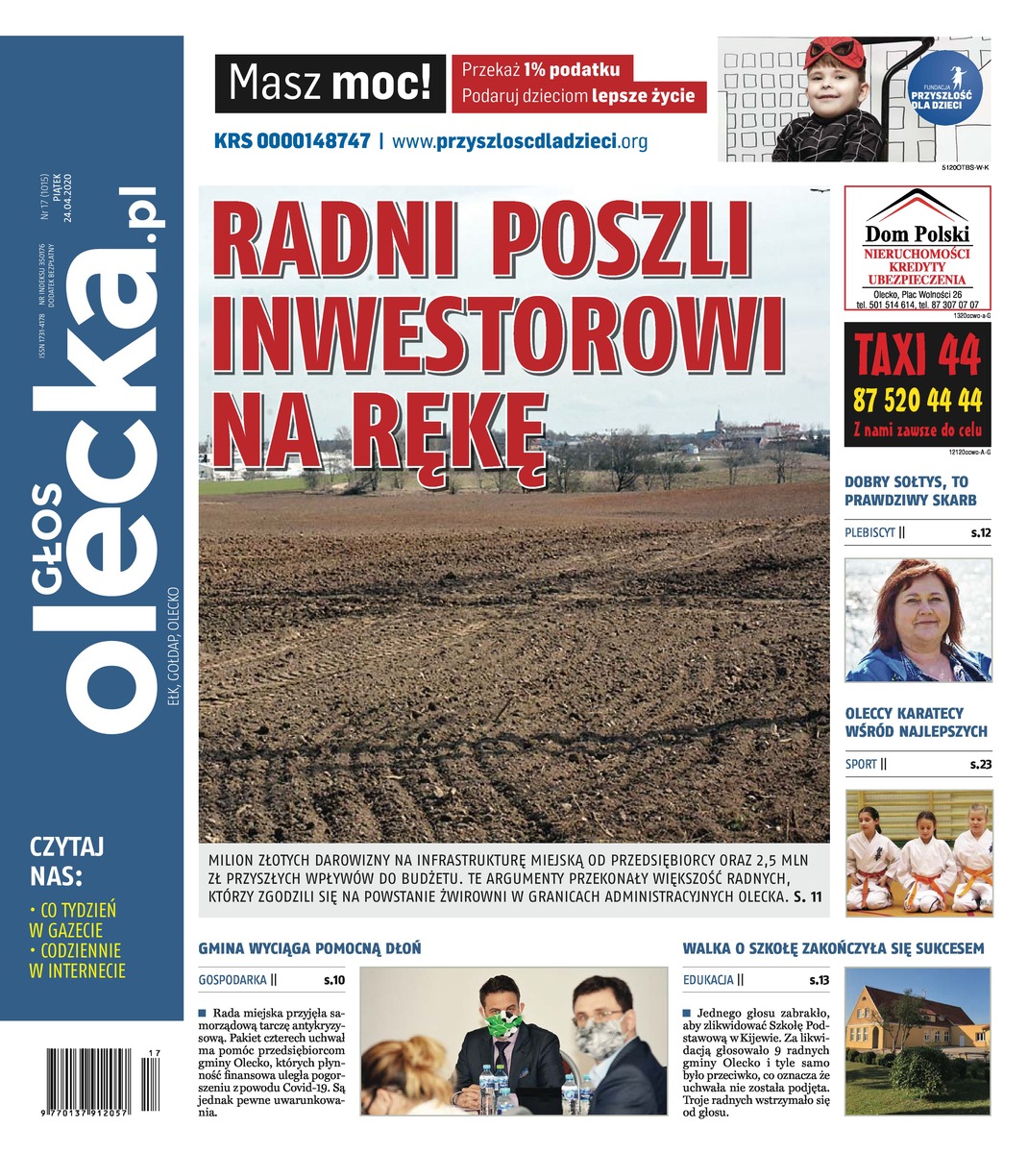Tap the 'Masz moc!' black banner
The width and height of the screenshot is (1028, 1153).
(330, 84)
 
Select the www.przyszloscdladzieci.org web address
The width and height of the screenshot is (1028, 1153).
(520, 141)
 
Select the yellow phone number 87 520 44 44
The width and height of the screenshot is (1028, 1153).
(918, 400)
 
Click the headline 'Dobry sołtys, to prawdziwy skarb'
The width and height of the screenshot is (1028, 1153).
(910, 491)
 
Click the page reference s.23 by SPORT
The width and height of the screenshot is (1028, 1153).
(979, 765)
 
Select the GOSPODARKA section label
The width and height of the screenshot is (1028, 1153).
(232, 981)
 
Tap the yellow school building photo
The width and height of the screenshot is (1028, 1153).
(917, 1042)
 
